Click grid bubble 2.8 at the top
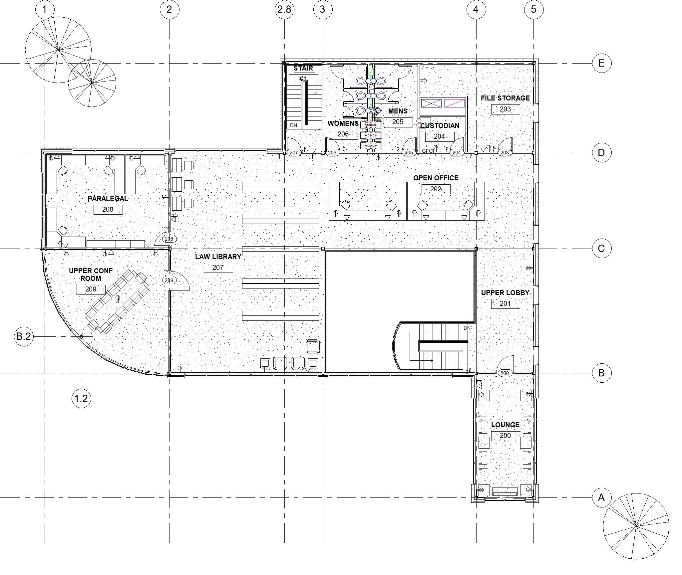point(284,9)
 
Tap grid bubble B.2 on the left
point(24,336)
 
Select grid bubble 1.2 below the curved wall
point(81,398)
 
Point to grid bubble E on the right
point(601,63)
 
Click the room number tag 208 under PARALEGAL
point(108,209)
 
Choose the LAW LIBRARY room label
point(218,257)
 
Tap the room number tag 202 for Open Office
point(436,189)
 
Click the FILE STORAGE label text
point(505,98)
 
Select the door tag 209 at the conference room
point(169,281)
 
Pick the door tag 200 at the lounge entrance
point(505,373)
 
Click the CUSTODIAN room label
point(440,126)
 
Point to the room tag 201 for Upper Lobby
point(505,303)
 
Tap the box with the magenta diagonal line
point(454,103)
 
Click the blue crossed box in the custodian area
point(431,103)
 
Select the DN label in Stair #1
point(293,125)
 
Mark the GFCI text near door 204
point(428,151)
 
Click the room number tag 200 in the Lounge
point(505,436)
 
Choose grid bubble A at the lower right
point(601,497)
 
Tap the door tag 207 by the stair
point(294,153)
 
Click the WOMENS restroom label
point(343,123)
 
